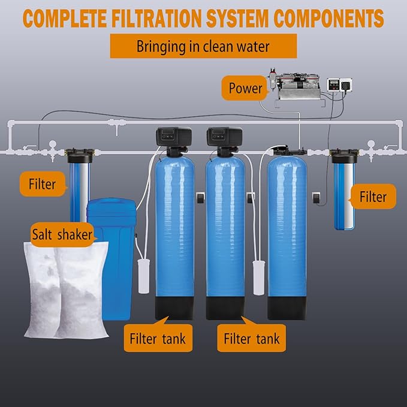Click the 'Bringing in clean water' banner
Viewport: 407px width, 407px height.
click(203, 46)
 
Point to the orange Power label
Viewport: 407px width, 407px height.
click(245, 89)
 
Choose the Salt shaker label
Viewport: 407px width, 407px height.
click(62, 234)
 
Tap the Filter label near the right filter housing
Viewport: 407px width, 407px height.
click(373, 196)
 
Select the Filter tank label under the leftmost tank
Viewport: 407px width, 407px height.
click(158, 339)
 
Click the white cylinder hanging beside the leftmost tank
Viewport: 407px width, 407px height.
click(144, 276)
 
